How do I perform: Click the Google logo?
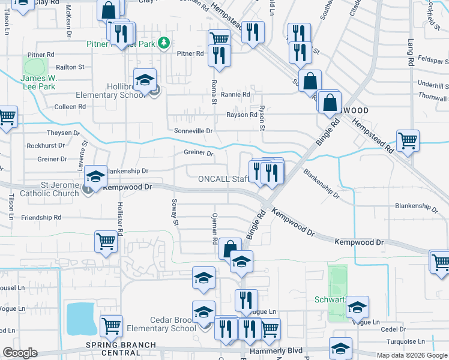[20, 353]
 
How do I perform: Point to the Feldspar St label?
[433, 61]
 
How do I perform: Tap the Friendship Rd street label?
[41, 217]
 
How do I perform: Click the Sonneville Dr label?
[193, 131]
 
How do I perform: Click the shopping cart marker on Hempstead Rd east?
[408, 142]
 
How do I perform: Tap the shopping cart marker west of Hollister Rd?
[106, 242]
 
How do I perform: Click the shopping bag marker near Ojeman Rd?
[230, 248]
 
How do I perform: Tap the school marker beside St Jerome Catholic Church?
[95, 177]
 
